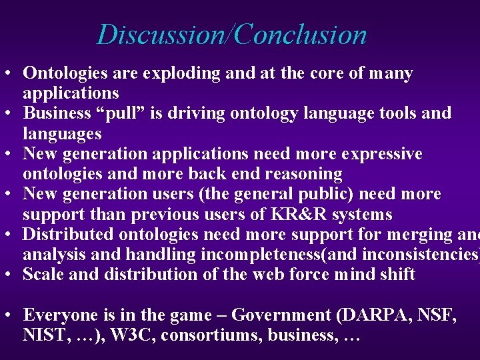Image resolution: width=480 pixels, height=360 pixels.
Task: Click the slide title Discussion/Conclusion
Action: (232, 35)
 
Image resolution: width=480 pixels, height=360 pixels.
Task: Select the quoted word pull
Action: (129, 114)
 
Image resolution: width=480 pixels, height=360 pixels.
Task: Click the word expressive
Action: (381, 155)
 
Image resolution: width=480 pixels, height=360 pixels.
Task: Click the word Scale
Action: (43, 275)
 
